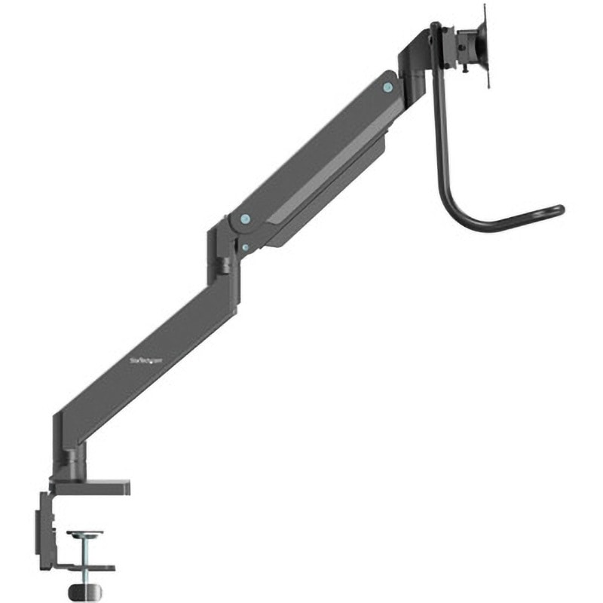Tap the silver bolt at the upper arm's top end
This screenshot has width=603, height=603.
[387, 87]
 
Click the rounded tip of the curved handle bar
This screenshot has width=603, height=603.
[559, 210]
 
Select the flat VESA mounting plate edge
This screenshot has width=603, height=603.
[485, 45]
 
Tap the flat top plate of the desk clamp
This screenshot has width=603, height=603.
[90, 488]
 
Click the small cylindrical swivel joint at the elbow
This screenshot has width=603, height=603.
[225, 265]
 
